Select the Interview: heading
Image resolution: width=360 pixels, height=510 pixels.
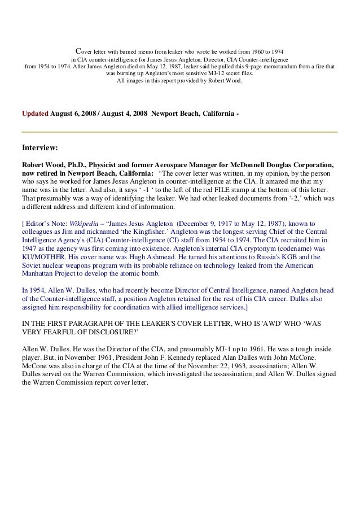coord(39,149)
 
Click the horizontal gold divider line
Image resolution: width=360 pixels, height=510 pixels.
coord(179,132)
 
